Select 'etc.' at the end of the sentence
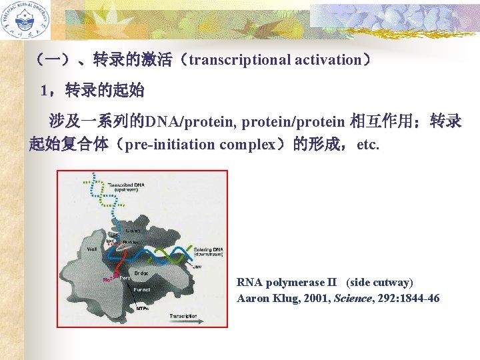coord(368,144)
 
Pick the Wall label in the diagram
coord(93,249)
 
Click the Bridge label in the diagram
coord(141,273)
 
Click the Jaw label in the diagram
coord(197,266)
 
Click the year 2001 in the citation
coord(307,298)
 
